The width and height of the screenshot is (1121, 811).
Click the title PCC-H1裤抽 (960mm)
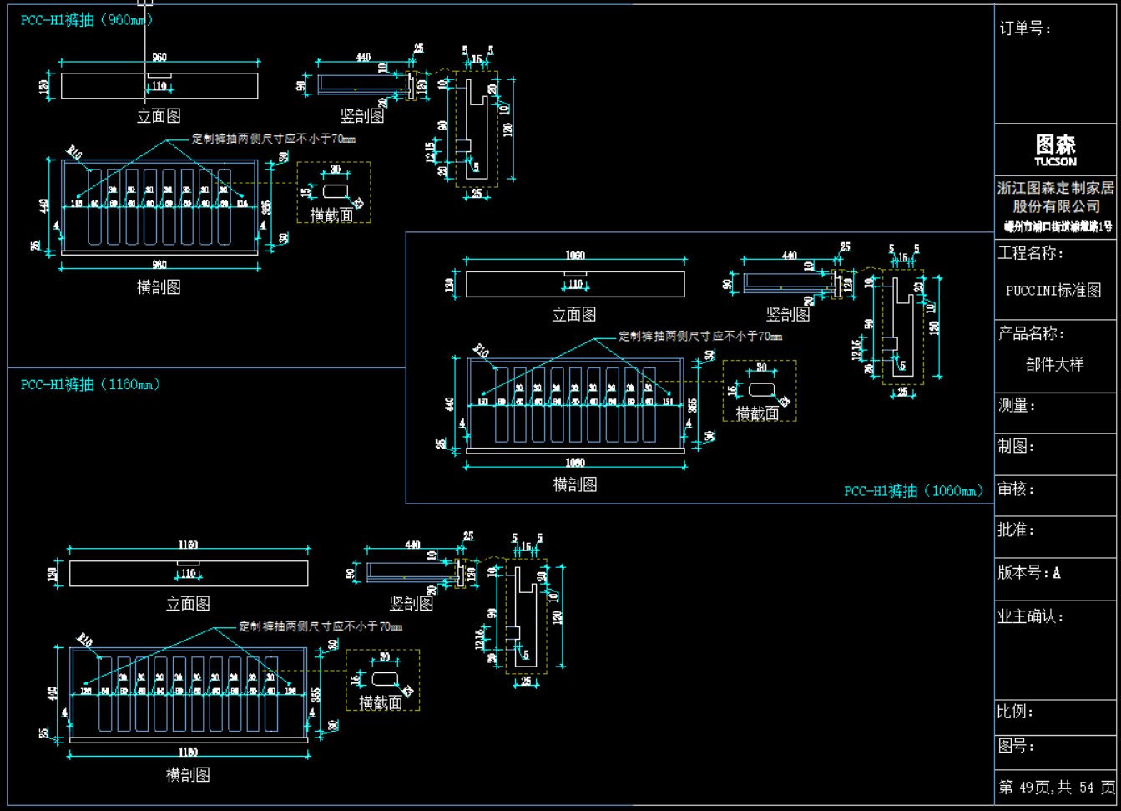point(86,20)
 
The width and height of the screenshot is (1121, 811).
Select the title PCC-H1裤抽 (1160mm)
point(90,384)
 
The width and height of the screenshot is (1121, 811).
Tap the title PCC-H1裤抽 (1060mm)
point(913,491)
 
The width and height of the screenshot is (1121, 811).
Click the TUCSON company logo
point(1055,150)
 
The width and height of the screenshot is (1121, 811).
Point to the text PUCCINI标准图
point(1053,291)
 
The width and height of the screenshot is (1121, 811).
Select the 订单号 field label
point(1025,28)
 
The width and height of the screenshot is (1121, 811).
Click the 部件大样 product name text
point(1054,364)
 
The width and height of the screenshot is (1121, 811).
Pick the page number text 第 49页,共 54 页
point(1056,788)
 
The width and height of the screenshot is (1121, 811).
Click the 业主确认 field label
point(1030,617)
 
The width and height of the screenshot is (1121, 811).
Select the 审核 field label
point(1016,489)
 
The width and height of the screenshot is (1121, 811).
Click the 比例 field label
point(1015,712)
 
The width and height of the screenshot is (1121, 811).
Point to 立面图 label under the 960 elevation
point(159,116)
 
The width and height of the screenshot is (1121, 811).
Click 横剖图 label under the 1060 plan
point(575,484)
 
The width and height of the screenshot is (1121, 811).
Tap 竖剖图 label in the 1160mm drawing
point(412,603)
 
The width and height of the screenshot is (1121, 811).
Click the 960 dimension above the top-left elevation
point(159,58)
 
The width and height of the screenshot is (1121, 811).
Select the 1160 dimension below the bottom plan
point(188,753)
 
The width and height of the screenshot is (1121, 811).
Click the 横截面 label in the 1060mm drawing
point(757,413)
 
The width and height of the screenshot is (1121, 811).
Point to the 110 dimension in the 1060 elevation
point(575,285)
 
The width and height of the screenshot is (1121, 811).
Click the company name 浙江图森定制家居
point(1055,188)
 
